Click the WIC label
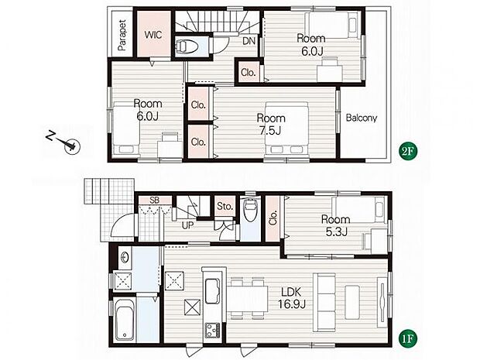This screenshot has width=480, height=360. coord(153,35)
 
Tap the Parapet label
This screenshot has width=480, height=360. coord(122,35)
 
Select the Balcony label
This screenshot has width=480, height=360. coord(362,118)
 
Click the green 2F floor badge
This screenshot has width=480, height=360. coord(409,151)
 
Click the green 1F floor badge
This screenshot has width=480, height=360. coord(408,339)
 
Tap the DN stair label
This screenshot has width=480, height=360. coord(249,41)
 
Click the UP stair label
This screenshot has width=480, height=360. coord(187,225)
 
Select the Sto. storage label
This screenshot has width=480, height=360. coord(225,207)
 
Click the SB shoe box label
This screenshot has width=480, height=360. coord(155,201)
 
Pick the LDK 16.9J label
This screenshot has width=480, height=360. coord(291,298)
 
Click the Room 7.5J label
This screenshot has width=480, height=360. coord(271,125)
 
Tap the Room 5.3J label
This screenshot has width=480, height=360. coord(336,225)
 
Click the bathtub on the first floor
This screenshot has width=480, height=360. coord(125,319)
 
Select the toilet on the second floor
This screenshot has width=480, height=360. coord(187,46)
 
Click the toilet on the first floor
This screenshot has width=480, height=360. coord(250,210)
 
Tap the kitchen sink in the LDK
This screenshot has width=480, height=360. coord(212,290)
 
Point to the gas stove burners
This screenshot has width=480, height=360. coord(213,331)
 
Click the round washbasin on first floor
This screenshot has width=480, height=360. coord(125,258)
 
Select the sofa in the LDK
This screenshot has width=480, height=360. coord(324,302)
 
